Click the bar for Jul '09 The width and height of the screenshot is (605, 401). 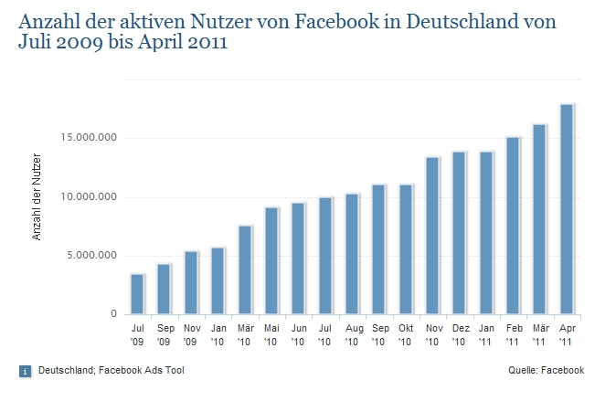[137, 294]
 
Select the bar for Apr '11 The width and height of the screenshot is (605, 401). [567, 209]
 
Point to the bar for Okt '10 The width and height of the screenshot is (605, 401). [406, 249]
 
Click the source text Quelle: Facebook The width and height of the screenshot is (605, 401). [546, 370]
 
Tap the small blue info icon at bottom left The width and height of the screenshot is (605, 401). [24, 371]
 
